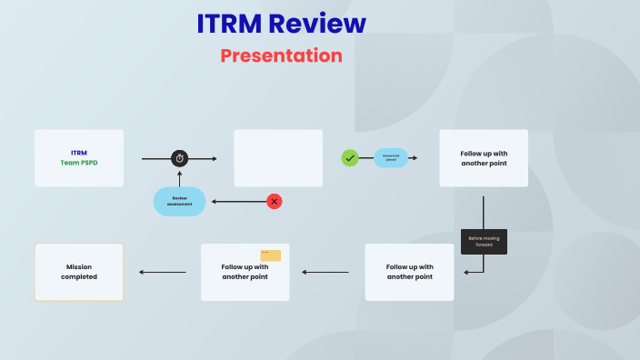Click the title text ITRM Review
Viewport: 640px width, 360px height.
click(x=281, y=24)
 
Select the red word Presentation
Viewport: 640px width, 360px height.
click(x=281, y=55)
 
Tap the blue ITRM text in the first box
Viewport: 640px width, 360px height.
click(x=79, y=153)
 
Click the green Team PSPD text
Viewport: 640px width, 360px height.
click(x=79, y=163)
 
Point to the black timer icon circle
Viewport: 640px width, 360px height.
click(x=180, y=158)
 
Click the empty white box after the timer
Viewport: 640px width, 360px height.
click(x=278, y=158)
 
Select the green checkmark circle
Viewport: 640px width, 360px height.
click(x=350, y=158)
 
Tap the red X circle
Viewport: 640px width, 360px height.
click(x=274, y=201)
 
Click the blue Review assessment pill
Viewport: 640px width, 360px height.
click(x=180, y=201)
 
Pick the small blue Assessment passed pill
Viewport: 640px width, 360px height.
click(x=390, y=158)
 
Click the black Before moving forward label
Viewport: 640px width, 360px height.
click(x=484, y=242)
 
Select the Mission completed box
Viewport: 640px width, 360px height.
click(x=79, y=272)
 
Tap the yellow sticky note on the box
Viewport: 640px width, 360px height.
click(x=270, y=255)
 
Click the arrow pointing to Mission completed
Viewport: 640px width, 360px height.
click(x=162, y=272)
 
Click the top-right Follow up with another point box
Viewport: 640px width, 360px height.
click(x=484, y=158)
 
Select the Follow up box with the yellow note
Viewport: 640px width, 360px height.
click(x=245, y=273)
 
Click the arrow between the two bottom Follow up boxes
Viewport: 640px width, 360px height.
click(x=325, y=272)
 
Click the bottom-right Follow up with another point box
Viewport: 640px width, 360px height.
click(x=409, y=272)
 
